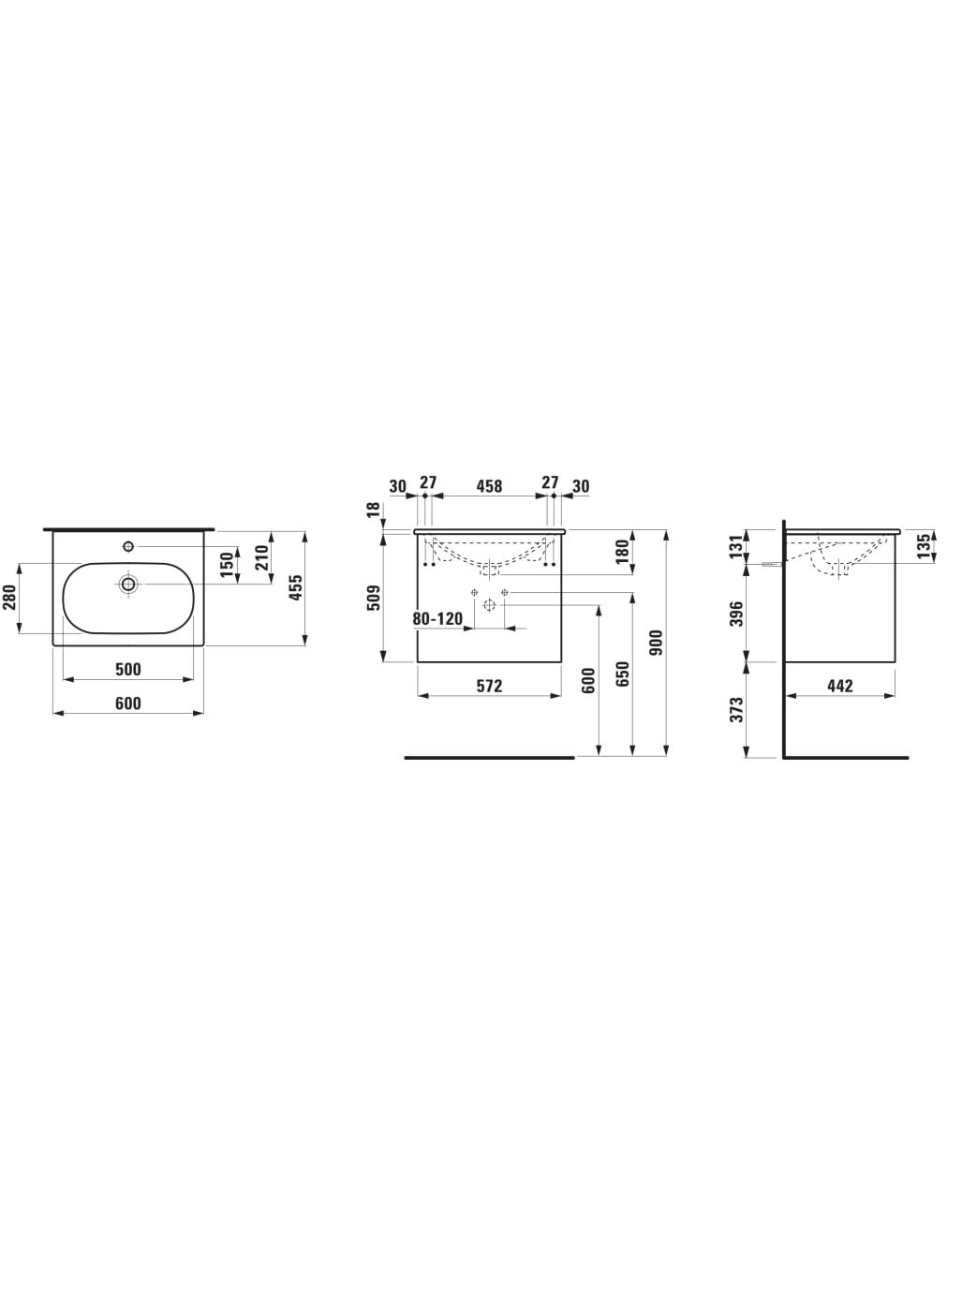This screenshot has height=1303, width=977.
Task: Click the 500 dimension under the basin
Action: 127,670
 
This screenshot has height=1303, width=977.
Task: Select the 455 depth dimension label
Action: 295,587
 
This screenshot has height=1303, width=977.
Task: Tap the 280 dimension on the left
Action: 9,598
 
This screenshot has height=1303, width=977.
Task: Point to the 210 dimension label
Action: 261,557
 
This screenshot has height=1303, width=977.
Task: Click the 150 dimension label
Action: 228,566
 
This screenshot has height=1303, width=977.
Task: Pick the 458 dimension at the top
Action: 489,486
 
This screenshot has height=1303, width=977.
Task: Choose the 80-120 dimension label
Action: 437,619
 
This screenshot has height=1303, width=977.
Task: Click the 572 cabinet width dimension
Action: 489,687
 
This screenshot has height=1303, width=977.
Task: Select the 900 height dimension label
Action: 656,643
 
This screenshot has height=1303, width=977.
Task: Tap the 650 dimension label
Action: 622,674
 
